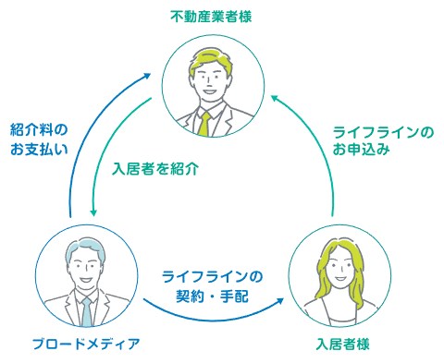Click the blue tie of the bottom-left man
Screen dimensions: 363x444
pyautogui.click(x=85, y=312)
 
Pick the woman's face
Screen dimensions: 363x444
pyautogui.click(x=336, y=270)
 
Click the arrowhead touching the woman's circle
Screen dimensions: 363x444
pyautogui.click(x=279, y=296)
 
